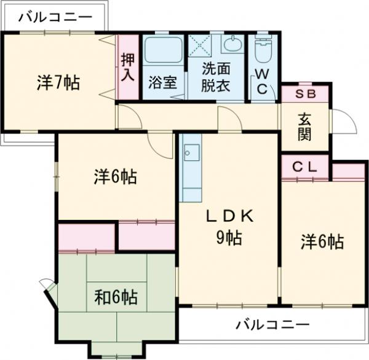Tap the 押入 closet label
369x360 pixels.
127,66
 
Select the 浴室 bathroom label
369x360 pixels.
163,82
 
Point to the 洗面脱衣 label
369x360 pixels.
216,77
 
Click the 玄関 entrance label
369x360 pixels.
305,127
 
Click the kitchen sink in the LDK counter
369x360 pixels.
191,151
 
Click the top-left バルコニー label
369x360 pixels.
55,17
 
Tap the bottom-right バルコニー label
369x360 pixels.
272,323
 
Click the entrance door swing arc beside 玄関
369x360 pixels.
344,123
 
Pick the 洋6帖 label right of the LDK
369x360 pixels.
322,242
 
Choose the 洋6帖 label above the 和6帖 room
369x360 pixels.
115,178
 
